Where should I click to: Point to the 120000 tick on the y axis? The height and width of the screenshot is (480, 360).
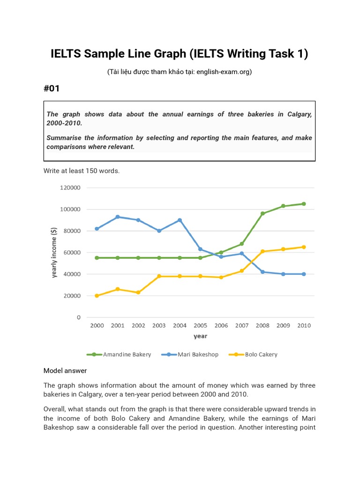[x=70, y=187]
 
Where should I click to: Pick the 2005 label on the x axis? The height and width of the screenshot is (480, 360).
[x=200, y=325]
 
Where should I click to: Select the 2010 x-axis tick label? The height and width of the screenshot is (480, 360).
[x=304, y=325]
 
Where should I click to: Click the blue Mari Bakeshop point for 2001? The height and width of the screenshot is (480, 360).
[x=118, y=217]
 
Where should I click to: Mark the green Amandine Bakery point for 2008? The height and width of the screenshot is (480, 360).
[x=262, y=214]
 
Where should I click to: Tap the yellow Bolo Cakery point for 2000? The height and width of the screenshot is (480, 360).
[x=97, y=296]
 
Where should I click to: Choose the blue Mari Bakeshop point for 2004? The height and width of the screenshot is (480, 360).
[x=180, y=220]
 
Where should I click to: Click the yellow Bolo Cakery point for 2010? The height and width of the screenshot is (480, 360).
[x=304, y=247]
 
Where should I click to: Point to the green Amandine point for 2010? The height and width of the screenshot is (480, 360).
[x=304, y=204]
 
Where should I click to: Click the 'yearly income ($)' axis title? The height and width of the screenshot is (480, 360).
[x=54, y=253]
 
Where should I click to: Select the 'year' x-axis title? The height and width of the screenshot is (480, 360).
[x=200, y=336]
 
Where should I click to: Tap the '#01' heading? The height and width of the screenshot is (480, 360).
[x=52, y=88]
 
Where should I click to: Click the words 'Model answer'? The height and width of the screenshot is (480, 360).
[x=65, y=371]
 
